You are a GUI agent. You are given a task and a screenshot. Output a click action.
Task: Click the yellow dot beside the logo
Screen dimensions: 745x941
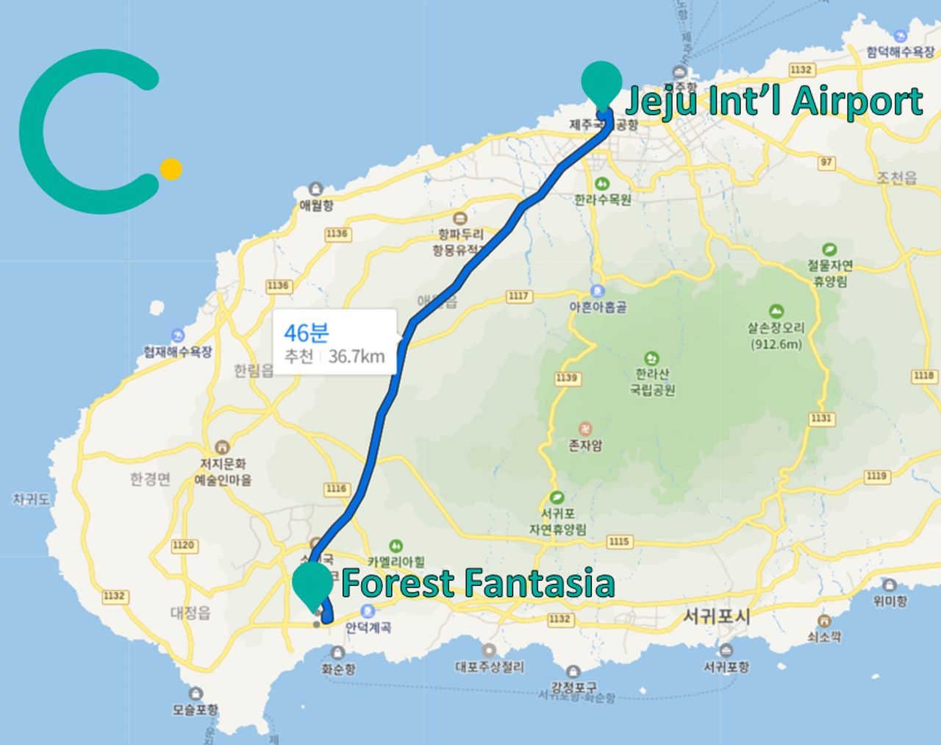pyautogui.click(x=171, y=169)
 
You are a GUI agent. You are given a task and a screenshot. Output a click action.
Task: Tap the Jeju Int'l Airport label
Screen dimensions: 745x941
pyautogui.click(x=773, y=101)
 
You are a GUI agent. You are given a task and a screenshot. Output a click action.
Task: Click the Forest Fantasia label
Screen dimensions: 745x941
pyautogui.click(x=478, y=583)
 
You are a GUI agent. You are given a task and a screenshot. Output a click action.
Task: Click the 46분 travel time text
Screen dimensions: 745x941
pyautogui.click(x=307, y=332)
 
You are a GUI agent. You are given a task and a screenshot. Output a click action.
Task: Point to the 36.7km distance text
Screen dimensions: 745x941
pyautogui.click(x=357, y=357)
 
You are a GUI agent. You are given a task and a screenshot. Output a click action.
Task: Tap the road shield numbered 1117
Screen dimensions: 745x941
pyautogui.click(x=518, y=296)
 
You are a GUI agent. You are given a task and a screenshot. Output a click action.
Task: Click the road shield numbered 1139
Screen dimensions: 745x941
pyautogui.click(x=567, y=378)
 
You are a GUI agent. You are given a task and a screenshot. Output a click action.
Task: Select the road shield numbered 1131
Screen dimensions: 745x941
pyautogui.click(x=821, y=418)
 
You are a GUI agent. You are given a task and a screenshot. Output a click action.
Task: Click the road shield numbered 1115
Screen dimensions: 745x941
pyautogui.click(x=619, y=542)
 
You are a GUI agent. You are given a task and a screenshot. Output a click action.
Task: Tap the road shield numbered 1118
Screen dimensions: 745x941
pyautogui.click(x=924, y=376)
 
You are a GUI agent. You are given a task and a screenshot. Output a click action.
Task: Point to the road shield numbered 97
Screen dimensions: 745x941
pyautogui.click(x=826, y=163)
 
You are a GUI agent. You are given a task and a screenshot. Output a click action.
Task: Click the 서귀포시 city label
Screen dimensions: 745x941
pyautogui.click(x=717, y=616)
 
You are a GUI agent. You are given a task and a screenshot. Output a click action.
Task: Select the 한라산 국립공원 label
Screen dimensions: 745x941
pyautogui.click(x=652, y=382)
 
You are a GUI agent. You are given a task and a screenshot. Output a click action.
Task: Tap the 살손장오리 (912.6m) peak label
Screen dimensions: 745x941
pyautogui.click(x=776, y=335)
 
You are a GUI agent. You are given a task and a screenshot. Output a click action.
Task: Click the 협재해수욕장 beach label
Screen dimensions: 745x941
pyautogui.click(x=178, y=352)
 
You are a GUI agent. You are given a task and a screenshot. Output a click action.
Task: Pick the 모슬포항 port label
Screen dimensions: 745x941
pyautogui.click(x=196, y=710)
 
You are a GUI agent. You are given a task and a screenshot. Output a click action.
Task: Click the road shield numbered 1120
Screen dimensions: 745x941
pyautogui.click(x=183, y=545)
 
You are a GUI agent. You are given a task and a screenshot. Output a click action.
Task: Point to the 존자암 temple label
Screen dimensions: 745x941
pyautogui.click(x=585, y=445)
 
